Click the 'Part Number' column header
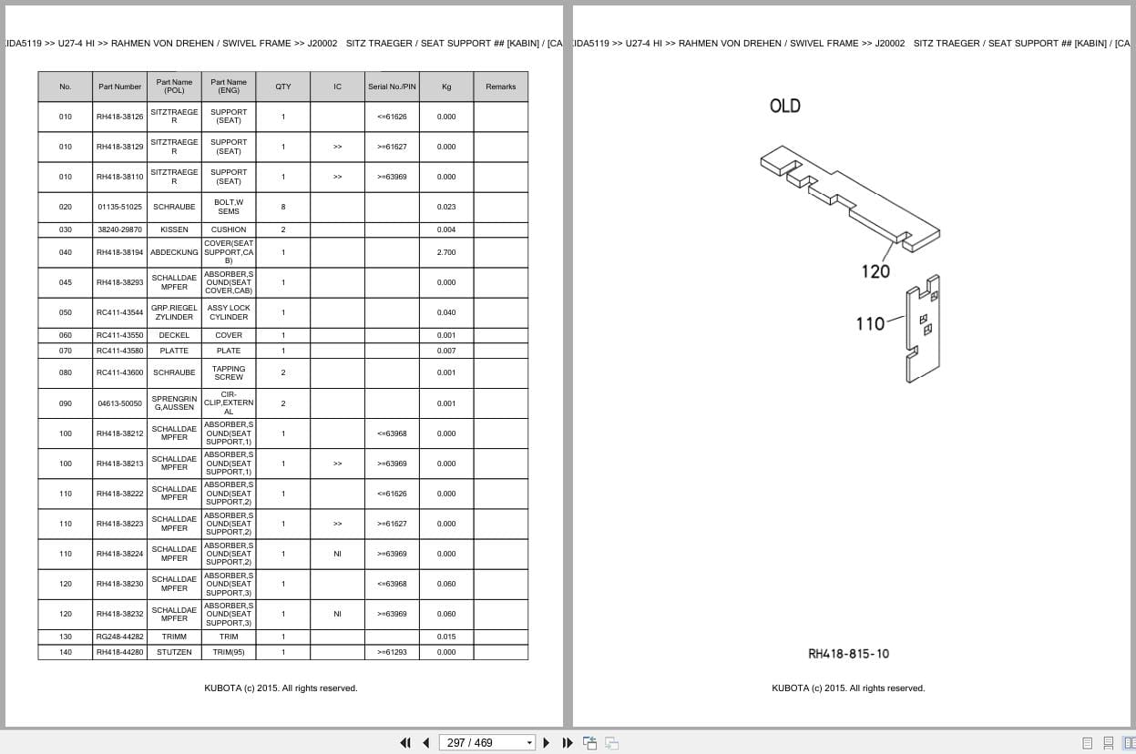[119, 87]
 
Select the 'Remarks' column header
[500, 87]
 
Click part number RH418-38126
[119, 117]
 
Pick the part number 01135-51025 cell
[119, 207]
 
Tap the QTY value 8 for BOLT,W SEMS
[282, 207]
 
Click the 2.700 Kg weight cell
[446, 252]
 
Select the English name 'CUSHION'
[229, 229]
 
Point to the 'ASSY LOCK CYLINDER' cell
[229, 312]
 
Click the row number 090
[65, 403]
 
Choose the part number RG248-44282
[119, 637]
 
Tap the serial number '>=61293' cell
[392, 652]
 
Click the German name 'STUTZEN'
[174, 652]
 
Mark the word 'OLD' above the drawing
[784, 106]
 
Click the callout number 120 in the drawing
[875, 270]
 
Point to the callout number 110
[870, 322]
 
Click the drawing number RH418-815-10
[848, 654]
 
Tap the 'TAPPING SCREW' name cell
[229, 372]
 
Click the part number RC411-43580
[119, 351]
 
